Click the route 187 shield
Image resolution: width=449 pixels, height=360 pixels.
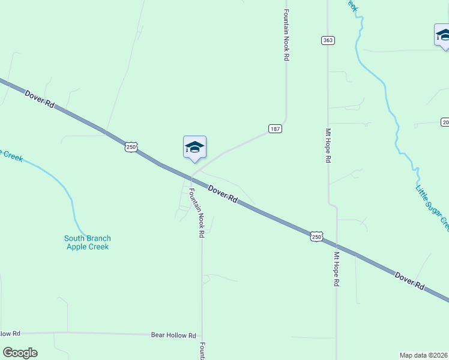pyautogui.click(x=275, y=129)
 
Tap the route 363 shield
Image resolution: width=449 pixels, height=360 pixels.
pyautogui.click(x=327, y=40)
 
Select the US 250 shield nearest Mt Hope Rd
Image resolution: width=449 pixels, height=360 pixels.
pyautogui.click(x=317, y=237)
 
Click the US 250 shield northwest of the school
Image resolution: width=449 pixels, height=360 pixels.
pyautogui.click(x=131, y=146)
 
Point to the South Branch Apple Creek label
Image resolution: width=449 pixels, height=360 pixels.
pyautogui.click(x=88, y=242)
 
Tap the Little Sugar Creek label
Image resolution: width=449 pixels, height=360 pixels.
pyautogui.click(x=432, y=208)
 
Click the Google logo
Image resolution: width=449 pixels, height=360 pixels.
pyautogui.click(x=20, y=353)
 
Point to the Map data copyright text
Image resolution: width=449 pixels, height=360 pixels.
pyautogui.click(x=423, y=355)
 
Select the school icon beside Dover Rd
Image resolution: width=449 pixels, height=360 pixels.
pyautogui.click(x=194, y=148)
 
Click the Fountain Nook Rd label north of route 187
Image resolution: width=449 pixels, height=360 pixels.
pyautogui.click(x=287, y=36)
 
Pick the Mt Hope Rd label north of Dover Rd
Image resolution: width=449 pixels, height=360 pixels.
pyautogui.click(x=328, y=146)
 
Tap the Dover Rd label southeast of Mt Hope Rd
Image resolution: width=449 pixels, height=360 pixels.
pyautogui.click(x=410, y=282)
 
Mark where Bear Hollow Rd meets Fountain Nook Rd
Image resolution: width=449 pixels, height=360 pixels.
pyautogui.click(x=202, y=334)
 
